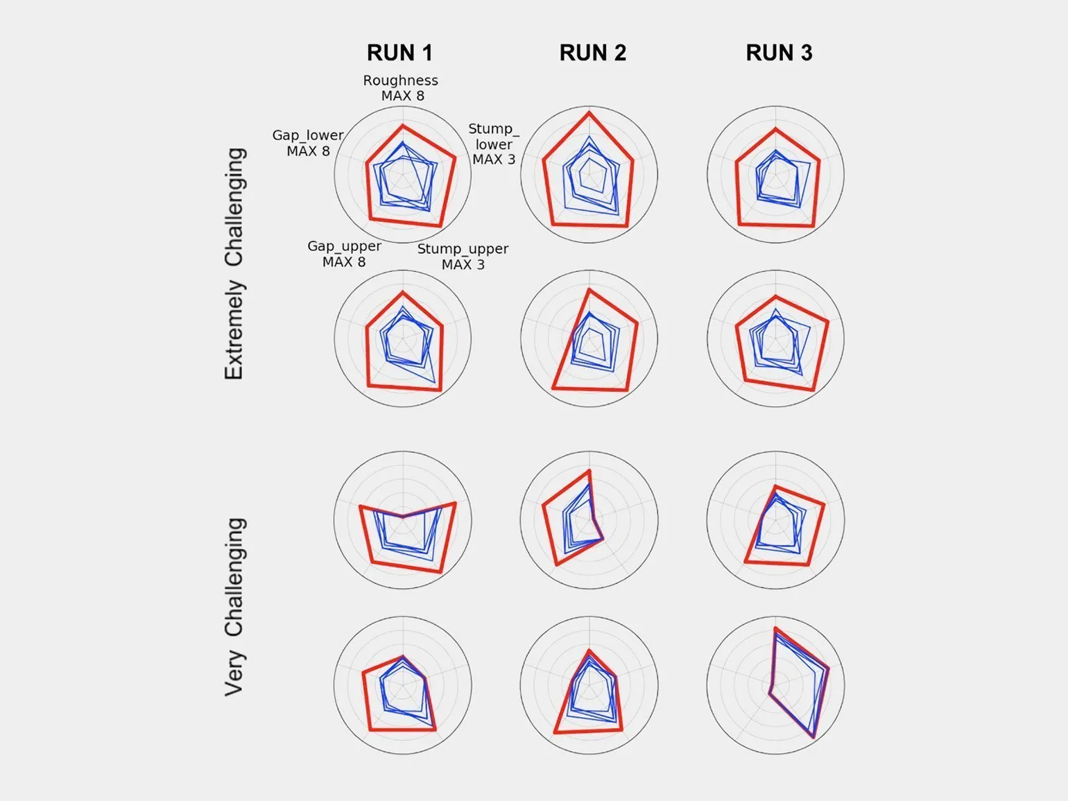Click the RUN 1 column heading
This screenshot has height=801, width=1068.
point(399,53)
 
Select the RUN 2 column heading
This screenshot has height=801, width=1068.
point(592,53)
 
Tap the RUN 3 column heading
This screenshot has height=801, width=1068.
point(779,53)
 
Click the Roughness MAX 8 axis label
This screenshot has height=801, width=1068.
point(401,88)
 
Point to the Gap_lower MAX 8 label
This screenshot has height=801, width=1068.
point(308,143)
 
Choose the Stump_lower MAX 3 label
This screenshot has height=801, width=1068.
point(494,144)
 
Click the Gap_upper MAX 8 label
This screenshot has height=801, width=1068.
point(344,254)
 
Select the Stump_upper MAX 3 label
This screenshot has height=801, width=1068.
point(463,256)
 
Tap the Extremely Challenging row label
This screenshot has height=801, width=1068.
point(234,264)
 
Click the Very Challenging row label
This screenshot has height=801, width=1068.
point(234,606)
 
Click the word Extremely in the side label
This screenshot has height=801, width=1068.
point(234,330)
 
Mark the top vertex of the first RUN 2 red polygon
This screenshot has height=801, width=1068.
point(589,112)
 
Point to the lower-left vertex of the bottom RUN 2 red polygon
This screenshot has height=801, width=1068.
point(555,732)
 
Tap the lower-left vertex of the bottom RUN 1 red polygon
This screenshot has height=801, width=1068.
point(369,730)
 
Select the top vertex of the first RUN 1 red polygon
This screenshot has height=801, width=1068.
point(402,126)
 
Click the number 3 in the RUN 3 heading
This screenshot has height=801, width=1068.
point(805,53)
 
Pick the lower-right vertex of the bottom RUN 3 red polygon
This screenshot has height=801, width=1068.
point(813,738)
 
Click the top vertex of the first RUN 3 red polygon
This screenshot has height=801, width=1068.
point(775,130)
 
